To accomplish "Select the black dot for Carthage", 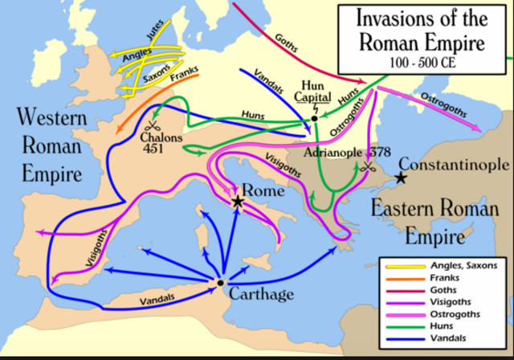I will (219, 283).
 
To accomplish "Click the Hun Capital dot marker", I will (314, 117).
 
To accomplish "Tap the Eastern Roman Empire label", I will (418, 222).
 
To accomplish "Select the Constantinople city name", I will (454, 165).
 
